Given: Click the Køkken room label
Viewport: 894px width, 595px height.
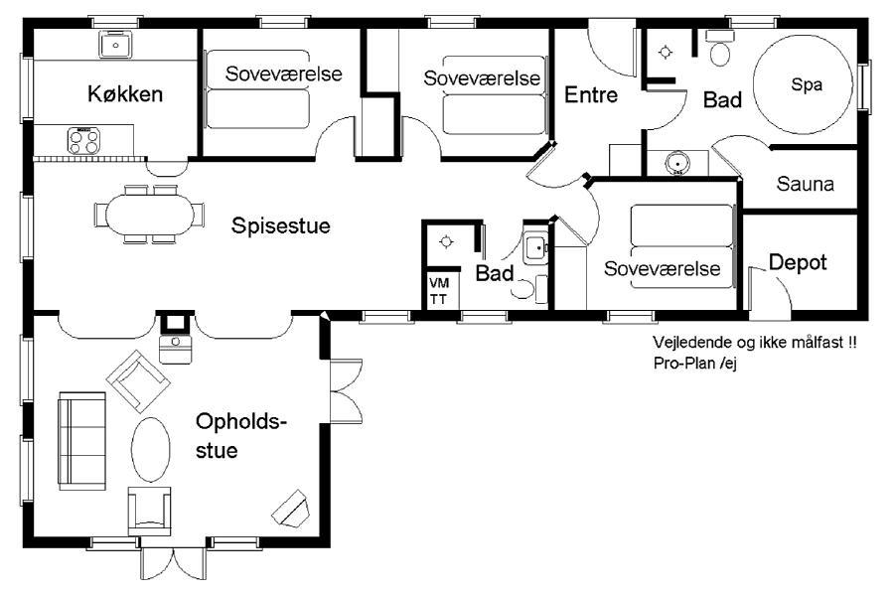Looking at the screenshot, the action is (x=125, y=94).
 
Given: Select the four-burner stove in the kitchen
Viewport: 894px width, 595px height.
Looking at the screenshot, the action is (x=83, y=141).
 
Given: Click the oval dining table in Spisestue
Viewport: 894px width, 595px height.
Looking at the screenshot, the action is (x=149, y=215).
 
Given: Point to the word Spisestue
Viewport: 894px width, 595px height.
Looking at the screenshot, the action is (x=280, y=225).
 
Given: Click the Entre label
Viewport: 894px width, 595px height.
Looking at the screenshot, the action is (x=591, y=94).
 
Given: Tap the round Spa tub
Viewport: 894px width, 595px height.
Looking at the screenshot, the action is (x=804, y=84).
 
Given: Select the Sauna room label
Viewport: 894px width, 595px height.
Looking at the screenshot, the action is (x=805, y=184).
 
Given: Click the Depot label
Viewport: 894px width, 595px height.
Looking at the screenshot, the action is (x=798, y=262).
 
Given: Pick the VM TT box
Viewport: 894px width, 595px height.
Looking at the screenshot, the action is (x=440, y=290).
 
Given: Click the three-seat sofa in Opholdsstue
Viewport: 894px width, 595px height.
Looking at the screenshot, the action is (x=81, y=441).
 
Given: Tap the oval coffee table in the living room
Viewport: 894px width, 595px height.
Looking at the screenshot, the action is (x=151, y=450).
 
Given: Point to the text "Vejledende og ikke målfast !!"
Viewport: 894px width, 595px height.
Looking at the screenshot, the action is (x=754, y=343).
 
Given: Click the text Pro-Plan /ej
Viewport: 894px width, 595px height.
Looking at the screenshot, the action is (x=695, y=363).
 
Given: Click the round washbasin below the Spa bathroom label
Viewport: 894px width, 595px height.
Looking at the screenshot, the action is (x=677, y=163).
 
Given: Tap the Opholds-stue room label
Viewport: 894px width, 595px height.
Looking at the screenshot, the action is (x=240, y=436).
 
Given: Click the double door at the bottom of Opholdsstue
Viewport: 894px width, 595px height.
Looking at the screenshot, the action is (x=173, y=564).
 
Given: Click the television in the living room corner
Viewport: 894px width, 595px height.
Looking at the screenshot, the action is (x=291, y=508).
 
